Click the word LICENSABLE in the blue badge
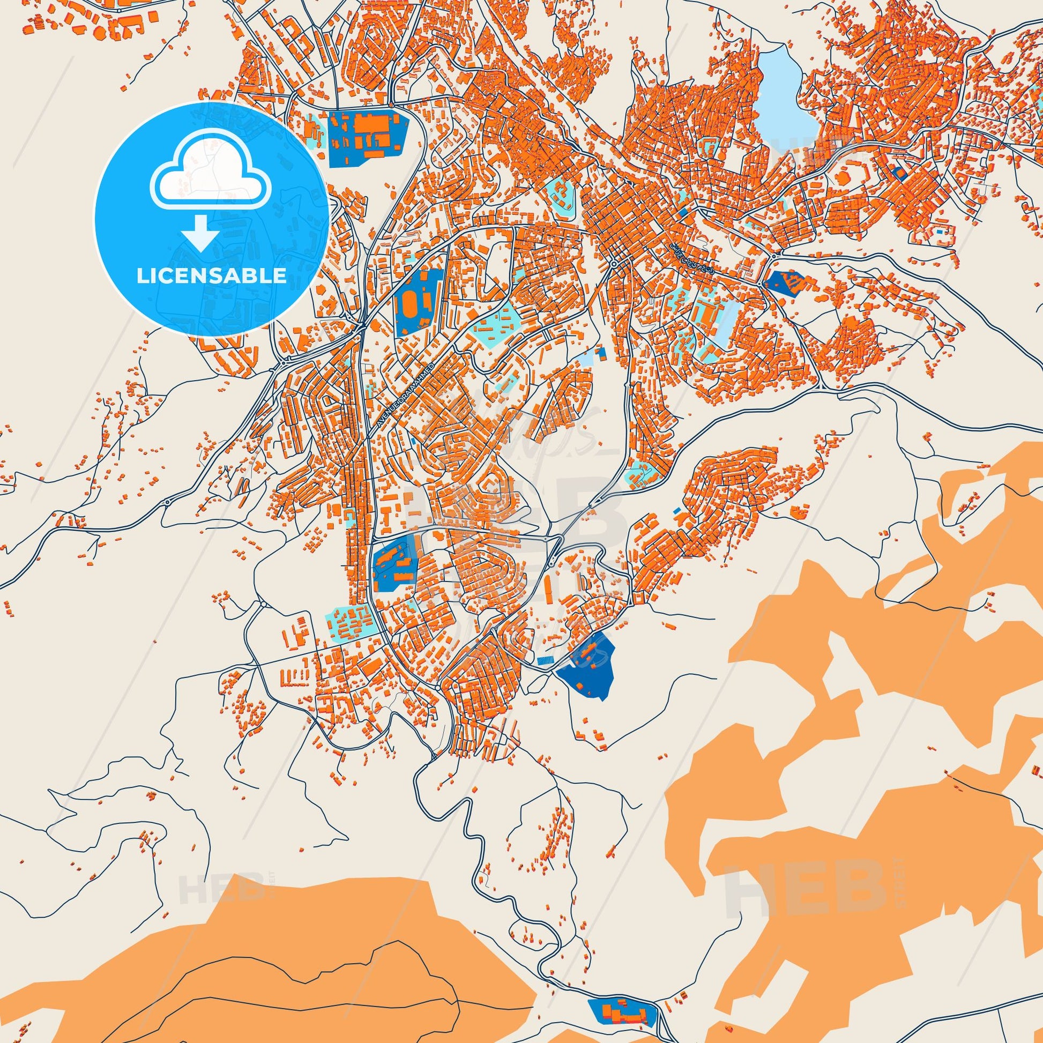click(212, 276)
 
